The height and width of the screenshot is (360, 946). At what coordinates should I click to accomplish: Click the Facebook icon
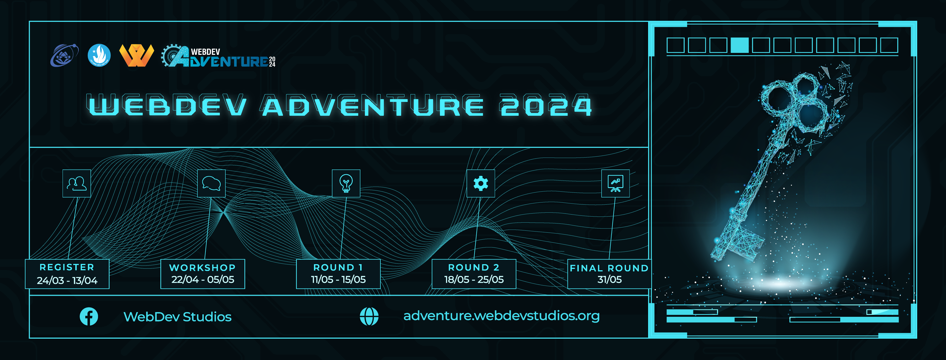[x=89, y=316]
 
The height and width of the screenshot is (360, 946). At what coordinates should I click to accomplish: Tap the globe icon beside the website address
[x=369, y=316]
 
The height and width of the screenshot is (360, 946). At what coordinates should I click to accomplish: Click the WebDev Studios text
[x=177, y=317]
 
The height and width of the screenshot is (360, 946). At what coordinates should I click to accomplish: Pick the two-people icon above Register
[x=76, y=183]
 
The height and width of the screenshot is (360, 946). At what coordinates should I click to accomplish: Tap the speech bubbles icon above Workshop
[x=211, y=183]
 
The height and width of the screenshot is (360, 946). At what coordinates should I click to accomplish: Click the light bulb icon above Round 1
[x=346, y=183]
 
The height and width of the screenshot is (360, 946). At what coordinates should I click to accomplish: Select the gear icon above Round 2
[x=481, y=183]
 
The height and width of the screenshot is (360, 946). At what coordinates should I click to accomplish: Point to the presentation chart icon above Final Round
[x=615, y=183]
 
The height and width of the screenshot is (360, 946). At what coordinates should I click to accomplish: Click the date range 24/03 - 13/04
[x=67, y=280]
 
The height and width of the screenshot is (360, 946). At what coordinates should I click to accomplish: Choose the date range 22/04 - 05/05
[x=203, y=279]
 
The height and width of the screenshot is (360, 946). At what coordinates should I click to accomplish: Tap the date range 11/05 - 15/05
[x=338, y=279]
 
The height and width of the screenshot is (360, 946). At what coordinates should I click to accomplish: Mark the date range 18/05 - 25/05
[x=474, y=279]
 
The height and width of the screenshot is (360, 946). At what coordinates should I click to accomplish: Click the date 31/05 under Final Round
[x=610, y=279]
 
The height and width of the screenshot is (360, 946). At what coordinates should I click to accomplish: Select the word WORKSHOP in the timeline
[x=202, y=268]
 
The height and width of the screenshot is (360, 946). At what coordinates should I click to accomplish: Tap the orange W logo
[x=136, y=55]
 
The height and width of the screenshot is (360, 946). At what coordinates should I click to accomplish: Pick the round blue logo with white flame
[x=99, y=55]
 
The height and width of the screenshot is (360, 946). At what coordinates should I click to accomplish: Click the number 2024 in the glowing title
[x=546, y=106]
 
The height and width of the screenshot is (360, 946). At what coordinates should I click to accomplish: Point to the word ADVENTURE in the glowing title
[x=373, y=106]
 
